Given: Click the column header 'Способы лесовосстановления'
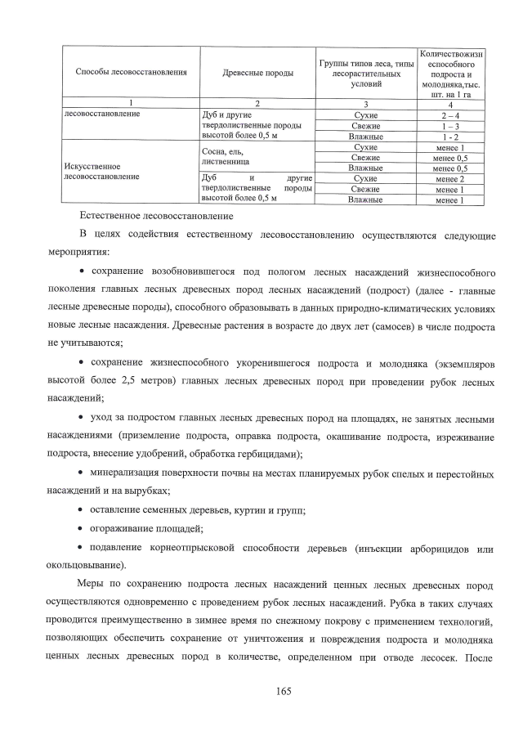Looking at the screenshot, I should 132,73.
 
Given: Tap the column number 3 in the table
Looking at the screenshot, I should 366,103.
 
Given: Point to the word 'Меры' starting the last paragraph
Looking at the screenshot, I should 91,586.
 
